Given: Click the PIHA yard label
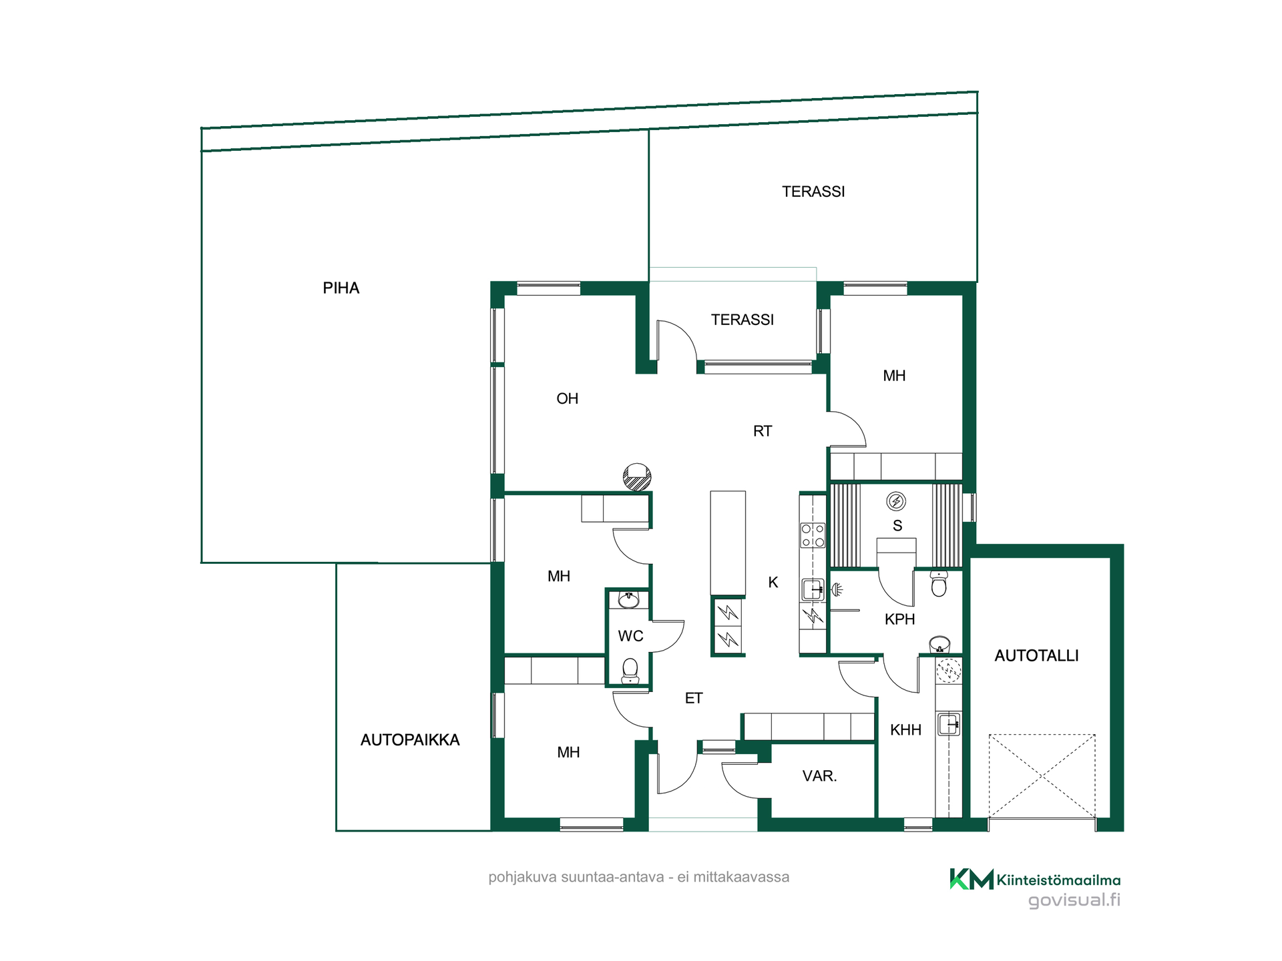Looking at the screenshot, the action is click(341, 288).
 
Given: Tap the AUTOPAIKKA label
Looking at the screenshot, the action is click(410, 740).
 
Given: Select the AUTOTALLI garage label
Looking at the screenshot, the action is click(1036, 656).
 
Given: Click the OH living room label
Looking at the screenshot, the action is click(568, 399).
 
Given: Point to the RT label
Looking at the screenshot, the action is click(763, 432).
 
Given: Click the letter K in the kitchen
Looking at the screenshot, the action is click(773, 583).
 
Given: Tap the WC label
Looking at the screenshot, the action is click(630, 636).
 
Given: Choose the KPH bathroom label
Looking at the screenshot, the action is click(899, 619).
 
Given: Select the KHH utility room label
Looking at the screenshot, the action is click(905, 730).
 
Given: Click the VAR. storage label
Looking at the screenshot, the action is click(819, 776).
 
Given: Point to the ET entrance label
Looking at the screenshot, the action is click(694, 699).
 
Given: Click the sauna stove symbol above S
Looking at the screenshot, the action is click(896, 501).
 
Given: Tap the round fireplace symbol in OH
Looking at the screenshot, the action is click(637, 476).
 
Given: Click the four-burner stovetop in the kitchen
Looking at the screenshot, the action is click(813, 535).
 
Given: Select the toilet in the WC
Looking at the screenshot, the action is click(630, 671).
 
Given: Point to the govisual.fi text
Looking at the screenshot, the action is click(1074, 900).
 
